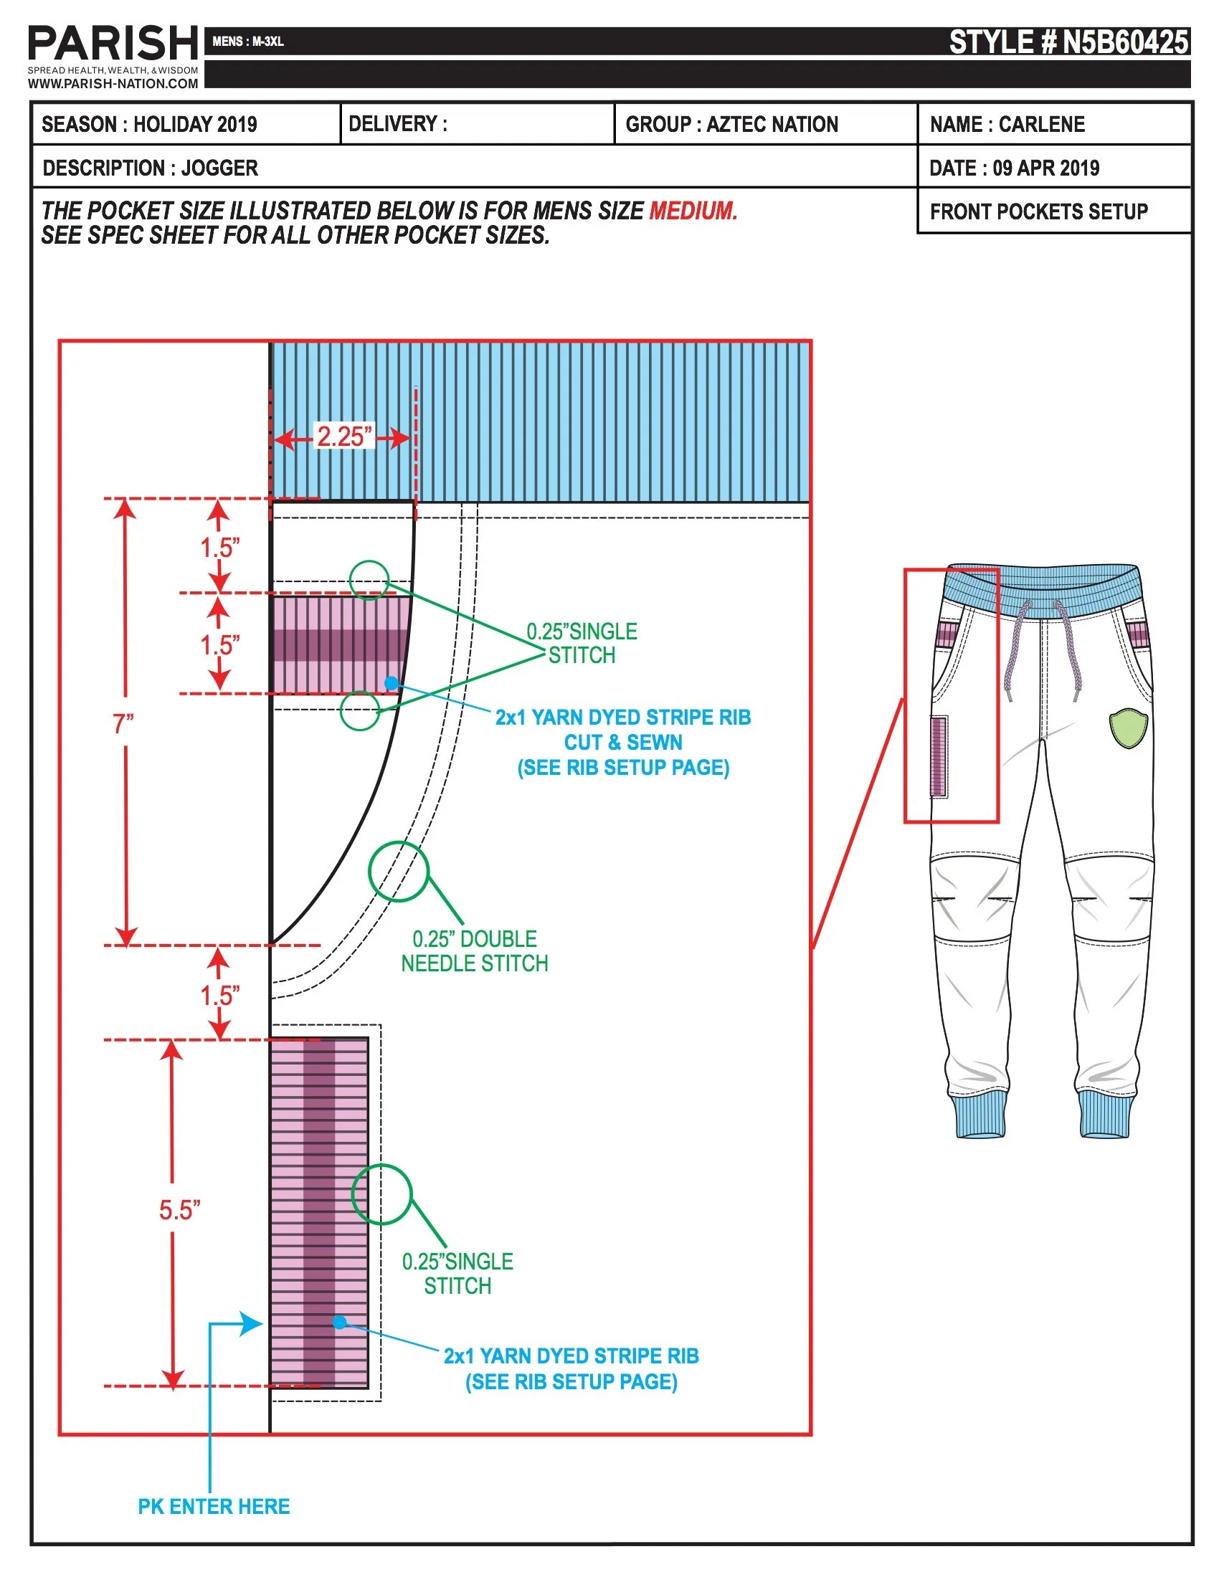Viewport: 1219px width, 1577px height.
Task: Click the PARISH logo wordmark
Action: click(113, 43)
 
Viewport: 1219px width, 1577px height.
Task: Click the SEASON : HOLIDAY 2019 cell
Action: click(149, 124)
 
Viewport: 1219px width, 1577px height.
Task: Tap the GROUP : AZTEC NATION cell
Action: click(731, 124)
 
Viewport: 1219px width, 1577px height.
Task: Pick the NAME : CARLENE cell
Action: click(1007, 124)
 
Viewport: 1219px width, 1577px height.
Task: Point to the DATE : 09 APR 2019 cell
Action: click(1014, 168)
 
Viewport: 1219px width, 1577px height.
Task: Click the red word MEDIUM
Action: click(693, 211)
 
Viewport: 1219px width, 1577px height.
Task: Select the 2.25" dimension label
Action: click(343, 437)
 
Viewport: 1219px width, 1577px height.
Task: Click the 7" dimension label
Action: click(123, 723)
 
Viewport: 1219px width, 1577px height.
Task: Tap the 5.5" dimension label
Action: click(179, 1210)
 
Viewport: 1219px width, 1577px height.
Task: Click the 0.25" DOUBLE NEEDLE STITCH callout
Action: click(475, 951)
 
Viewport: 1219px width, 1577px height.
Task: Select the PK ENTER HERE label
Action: click(214, 1506)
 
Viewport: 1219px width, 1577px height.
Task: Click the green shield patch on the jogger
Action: click(1128, 728)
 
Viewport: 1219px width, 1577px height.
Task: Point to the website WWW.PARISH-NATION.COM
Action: click(113, 84)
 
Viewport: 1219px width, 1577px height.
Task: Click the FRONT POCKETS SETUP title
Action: click(1038, 211)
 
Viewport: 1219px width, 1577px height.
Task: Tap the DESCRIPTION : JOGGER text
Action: click(150, 168)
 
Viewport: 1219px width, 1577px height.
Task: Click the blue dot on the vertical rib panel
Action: click(339, 1322)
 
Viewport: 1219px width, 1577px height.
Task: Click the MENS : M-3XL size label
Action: click(247, 42)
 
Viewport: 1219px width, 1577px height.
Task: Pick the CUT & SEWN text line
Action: click(622, 743)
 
